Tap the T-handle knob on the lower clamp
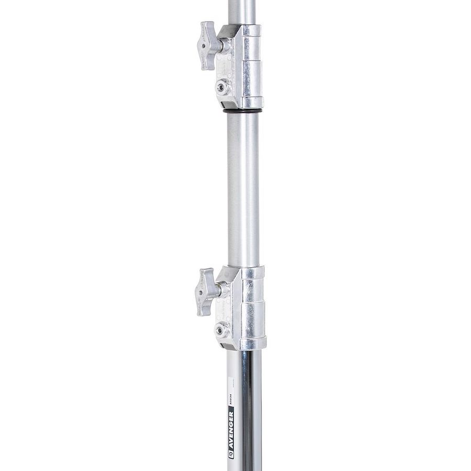[206, 291]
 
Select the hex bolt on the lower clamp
[222, 330]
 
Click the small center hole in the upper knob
[209, 47]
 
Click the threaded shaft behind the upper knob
[222, 47]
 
